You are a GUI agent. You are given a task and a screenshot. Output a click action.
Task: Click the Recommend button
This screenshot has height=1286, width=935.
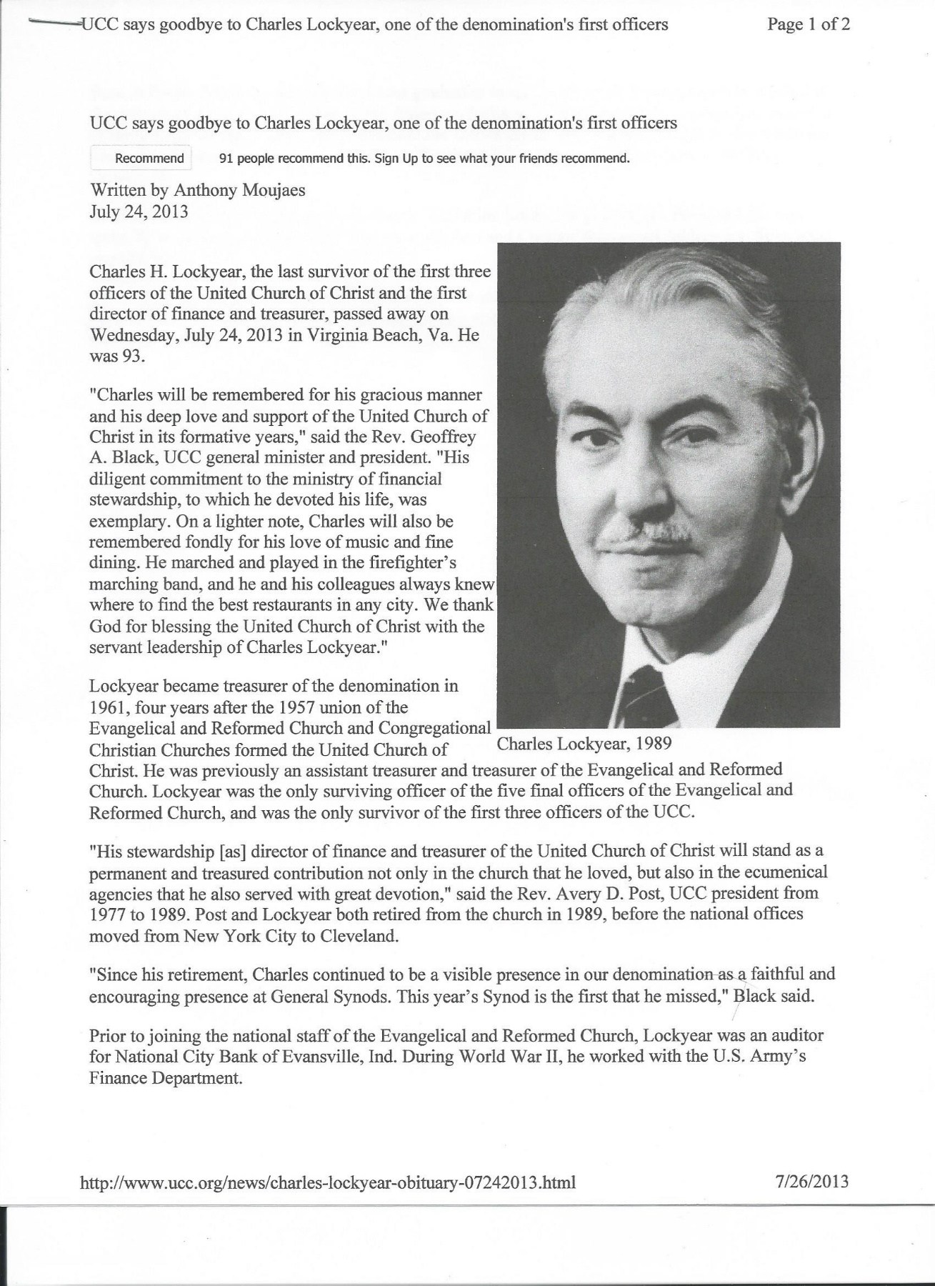pos(149,159)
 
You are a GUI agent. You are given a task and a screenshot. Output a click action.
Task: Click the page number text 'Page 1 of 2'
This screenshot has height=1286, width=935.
pos(808,26)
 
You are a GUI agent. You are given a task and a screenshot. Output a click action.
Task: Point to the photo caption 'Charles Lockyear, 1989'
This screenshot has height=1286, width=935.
pos(584,744)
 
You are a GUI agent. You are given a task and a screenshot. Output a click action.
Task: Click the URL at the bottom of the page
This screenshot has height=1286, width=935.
pos(330,1182)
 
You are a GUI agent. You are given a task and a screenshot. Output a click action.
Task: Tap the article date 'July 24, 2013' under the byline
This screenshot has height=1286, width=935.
pos(139,212)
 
